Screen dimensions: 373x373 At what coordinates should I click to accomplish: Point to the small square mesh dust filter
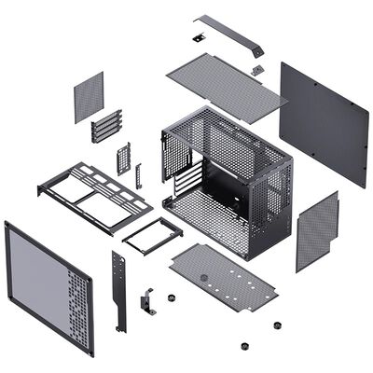(89, 96)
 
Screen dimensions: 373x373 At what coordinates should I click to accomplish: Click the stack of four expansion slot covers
(106, 126)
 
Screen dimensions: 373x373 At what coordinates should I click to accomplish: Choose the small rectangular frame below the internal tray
(149, 234)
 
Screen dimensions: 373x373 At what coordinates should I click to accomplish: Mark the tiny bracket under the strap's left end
(199, 38)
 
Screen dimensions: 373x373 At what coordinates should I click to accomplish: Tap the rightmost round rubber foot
(278, 325)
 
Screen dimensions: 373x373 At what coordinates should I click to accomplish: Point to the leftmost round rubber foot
(172, 299)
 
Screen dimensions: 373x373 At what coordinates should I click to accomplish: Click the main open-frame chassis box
(228, 177)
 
